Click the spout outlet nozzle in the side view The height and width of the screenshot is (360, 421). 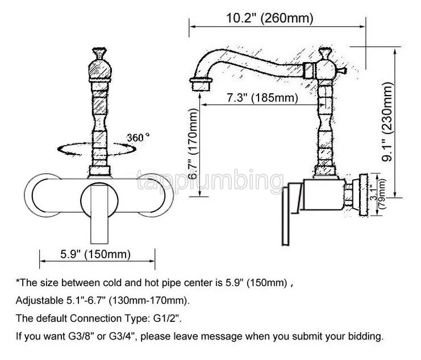[x=199, y=86]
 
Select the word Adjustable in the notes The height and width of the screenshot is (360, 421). [x=37, y=300]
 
